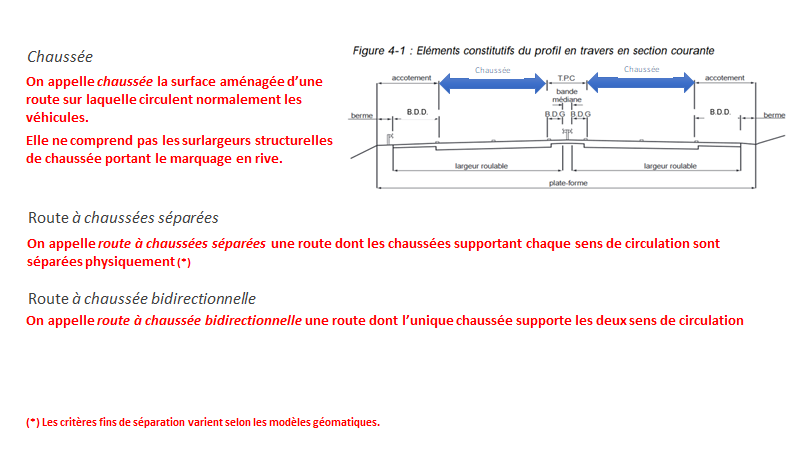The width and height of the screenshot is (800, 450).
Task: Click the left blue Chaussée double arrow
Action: [491, 86]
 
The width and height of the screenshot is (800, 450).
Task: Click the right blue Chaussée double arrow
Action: [641, 86]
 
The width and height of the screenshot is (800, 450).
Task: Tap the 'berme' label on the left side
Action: [362, 115]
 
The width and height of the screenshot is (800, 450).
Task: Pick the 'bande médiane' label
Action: [566, 97]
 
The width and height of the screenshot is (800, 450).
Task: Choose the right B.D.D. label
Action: [720, 110]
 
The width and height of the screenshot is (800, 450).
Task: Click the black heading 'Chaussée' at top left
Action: [60, 57]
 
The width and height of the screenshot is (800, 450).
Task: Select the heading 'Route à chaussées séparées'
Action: [123, 217]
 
